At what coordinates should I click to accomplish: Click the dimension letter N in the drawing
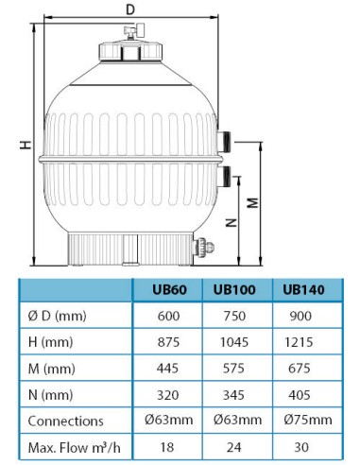coord(231,223)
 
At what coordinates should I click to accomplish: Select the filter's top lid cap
coord(129,47)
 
